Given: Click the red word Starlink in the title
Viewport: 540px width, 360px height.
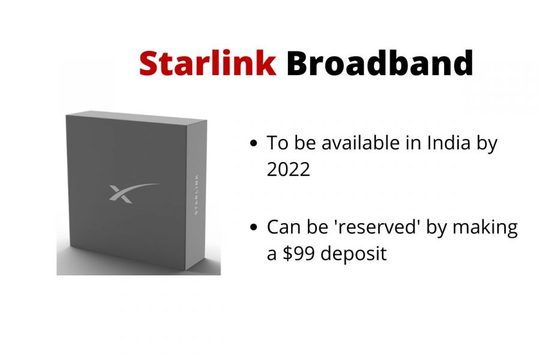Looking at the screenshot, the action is tap(208, 62).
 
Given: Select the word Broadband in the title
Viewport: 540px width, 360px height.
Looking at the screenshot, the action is tap(380, 62).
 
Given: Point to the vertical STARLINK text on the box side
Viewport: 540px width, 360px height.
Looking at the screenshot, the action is tap(196, 194).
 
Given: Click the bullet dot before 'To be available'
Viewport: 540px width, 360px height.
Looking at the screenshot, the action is tap(254, 143).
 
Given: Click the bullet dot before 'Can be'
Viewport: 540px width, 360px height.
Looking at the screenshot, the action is tap(254, 227).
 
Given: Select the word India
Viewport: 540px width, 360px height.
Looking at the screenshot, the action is tap(449, 142).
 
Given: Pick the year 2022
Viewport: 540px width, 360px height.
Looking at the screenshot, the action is tap(289, 169).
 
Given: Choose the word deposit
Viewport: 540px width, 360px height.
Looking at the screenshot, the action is tap(353, 254).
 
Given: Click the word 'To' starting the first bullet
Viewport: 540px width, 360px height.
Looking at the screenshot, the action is tap(278, 142).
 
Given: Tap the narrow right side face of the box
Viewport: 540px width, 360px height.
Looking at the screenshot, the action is tap(197, 194).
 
